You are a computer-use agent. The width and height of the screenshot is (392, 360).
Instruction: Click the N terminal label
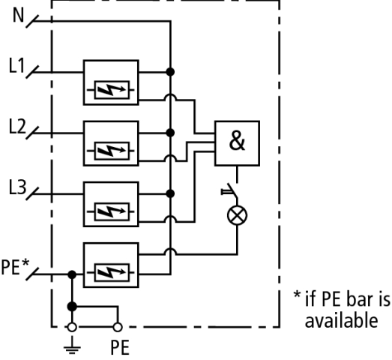pyautogui.click(x=18, y=15)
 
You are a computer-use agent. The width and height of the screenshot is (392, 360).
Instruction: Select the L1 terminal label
pyautogui.click(x=17, y=65)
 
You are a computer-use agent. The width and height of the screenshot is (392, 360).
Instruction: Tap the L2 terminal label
pyautogui.click(x=17, y=126)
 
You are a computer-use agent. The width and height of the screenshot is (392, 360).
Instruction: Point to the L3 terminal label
pyautogui.click(x=17, y=187)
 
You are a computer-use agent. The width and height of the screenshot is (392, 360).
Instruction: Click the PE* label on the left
pyautogui.click(x=15, y=267)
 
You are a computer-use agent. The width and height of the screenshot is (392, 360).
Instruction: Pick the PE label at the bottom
pyautogui.click(x=120, y=347)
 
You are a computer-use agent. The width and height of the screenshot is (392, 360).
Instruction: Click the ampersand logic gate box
pyautogui.click(x=237, y=143)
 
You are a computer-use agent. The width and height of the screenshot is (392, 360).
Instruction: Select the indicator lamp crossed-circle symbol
pyautogui.click(x=238, y=215)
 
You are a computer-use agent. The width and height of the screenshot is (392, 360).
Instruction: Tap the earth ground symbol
pyautogui.click(x=72, y=346)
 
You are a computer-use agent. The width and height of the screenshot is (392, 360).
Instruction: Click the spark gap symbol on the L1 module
pyautogui.click(x=111, y=90)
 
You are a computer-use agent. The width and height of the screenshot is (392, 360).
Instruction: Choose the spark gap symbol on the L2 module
pyautogui.click(x=111, y=151)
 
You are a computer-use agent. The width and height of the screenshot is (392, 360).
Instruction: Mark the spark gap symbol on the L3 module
pyautogui.click(x=111, y=211)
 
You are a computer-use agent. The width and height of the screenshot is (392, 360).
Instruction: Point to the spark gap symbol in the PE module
pyautogui.click(x=111, y=273)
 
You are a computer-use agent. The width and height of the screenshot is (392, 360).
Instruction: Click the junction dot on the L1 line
pyautogui.click(x=170, y=72)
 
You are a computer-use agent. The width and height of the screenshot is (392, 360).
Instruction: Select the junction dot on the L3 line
pyautogui.click(x=170, y=193)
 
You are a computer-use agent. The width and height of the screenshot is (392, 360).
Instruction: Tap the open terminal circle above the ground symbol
pyautogui.click(x=72, y=327)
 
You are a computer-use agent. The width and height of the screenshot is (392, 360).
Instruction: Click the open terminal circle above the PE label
pyautogui.click(x=118, y=327)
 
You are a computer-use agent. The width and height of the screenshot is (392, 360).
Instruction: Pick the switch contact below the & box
pyautogui.click(x=232, y=191)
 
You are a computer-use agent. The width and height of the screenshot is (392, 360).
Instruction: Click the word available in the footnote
pyautogui.click(x=341, y=321)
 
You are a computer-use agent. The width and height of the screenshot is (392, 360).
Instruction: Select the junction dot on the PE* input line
pyautogui.click(x=72, y=274)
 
